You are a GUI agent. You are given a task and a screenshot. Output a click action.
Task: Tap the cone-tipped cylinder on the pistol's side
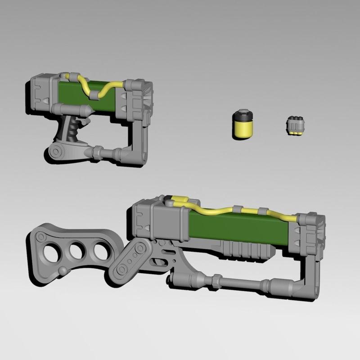(x=74, y=108)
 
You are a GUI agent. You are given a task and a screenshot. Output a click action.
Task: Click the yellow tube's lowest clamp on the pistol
(x=95, y=94)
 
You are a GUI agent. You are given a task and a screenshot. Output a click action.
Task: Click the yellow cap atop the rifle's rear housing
(x=181, y=200)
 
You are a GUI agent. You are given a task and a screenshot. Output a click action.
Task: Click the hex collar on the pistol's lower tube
(x=97, y=153)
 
